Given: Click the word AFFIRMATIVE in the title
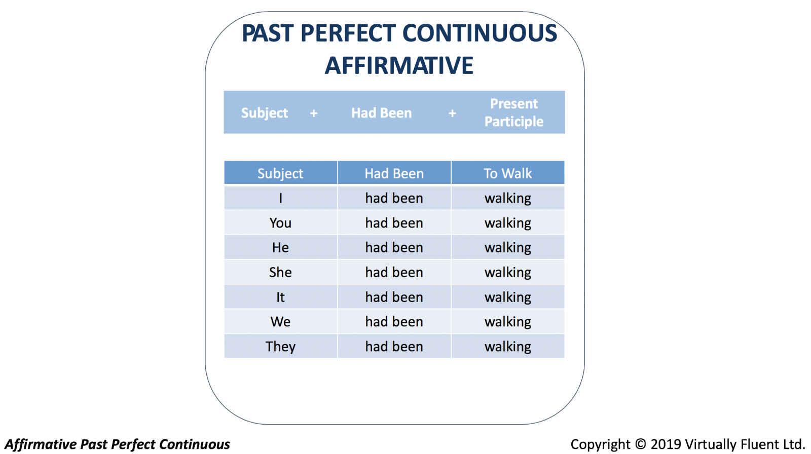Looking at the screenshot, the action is pyautogui.click(x=399, y=65).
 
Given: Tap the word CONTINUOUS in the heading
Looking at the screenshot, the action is pyautogui.click(x=480, y=33).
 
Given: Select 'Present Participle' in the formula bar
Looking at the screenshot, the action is pyautogui.click(x=514, y=112).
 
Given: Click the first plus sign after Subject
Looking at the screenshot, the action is pyautogui.click(x=314, y=113).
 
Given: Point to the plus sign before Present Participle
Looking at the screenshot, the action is pyautogui.click(x=452, y=113).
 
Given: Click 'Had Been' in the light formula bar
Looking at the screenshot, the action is pyautogui.click(x=381, y=113).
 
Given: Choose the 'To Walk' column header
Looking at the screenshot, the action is pyautogui.click(x=507, y=173).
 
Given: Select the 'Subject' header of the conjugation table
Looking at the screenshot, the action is pyautogui.click(x=280, y=174).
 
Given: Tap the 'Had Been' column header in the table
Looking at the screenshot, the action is pyautogui.click(x=394, y=173).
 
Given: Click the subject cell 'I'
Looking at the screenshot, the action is pyautogui.click(x=281, y=198).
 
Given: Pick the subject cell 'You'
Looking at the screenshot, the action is pyautogui.click(x=280, y=222).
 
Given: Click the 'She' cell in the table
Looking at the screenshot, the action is pyautogui.click(x=280, y=272).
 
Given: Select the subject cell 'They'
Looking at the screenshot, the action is pyautogui.click(x=281, y=347).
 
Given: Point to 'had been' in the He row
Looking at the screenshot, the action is pyautogui.click(x=394, y=247).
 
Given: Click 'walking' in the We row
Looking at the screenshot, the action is pyautogui.click(x=507, y=322).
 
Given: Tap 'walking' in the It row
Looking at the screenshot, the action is pyautogui.click(x=507, y=297).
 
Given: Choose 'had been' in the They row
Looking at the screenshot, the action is pyautogui.click(x=394, y=347).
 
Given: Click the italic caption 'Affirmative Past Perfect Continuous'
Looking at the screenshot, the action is pyautogui.click(x=117, y=444).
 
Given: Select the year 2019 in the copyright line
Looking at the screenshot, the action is pyautogui.click(x=666, y=444).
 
